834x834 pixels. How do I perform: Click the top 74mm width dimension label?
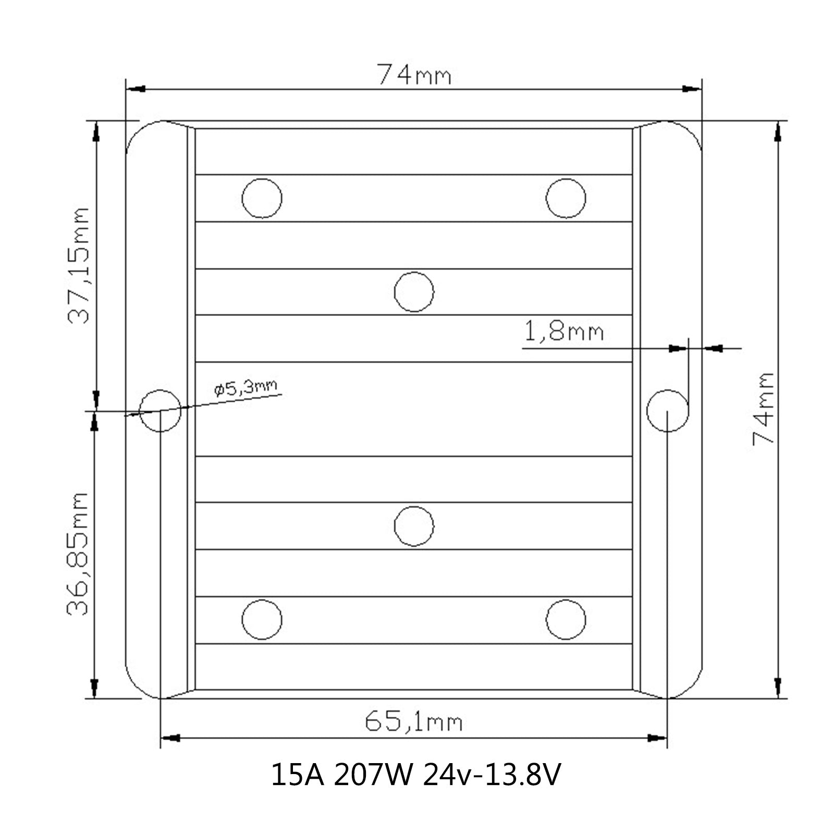(x=414, y=75)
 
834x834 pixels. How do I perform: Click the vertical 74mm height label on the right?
(x=764, y=408)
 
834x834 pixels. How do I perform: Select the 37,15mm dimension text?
(x=79, y=266)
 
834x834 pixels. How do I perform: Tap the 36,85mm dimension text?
(x=78, y=554)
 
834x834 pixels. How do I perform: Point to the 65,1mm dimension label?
(x=413, y=722)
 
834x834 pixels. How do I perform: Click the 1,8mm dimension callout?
(x=563, y=332)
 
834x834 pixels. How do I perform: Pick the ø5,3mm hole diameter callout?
(x=246, y=388)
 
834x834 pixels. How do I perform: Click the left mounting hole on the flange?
(x=161, y=410)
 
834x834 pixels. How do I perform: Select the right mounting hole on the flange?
(x=667, y=410)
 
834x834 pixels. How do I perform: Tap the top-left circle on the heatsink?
(x=262, y=198)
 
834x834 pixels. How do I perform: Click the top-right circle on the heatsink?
(x=566, y=198)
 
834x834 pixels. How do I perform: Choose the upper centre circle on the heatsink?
(x=414, y=292)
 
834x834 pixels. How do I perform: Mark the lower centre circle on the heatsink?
(x=414, y=526)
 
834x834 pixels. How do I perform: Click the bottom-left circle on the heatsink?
(x=262, y=620)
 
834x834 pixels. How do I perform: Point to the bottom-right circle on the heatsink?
(x=566, y=620)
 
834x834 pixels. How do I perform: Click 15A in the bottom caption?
(x=298, y=775)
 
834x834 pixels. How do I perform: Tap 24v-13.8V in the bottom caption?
(x=492, y=775)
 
